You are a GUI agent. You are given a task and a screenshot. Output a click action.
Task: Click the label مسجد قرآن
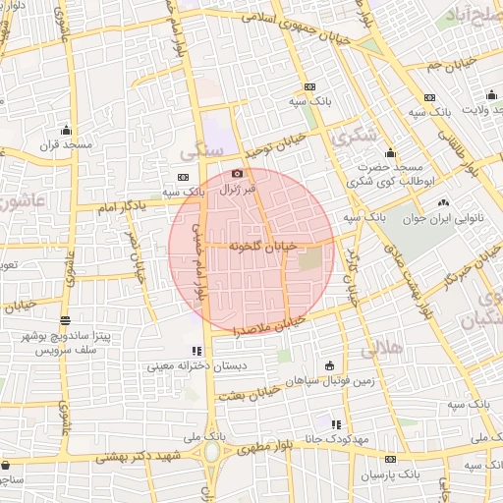pos(66,144)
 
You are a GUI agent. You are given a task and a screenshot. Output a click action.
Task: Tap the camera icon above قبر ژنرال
pos(236,174)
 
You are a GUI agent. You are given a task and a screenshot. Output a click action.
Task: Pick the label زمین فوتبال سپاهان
pos(324,379)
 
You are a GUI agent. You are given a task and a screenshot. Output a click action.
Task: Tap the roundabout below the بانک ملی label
pos(212,453)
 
